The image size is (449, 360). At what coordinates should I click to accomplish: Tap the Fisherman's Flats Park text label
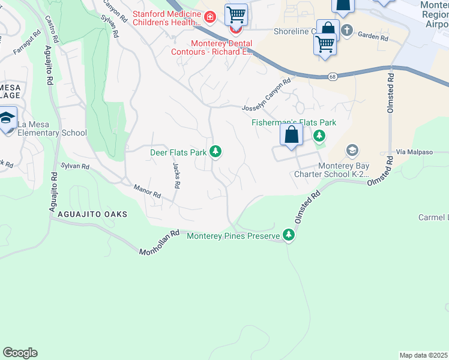[293, 122]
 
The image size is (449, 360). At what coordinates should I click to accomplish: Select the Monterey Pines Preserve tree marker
[289, 236]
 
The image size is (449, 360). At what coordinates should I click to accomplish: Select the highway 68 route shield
[332, 77]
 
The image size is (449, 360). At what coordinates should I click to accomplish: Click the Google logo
[20, 352]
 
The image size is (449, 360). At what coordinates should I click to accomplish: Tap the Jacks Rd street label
[176, 176]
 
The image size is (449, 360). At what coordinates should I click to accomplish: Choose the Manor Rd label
[148, 191]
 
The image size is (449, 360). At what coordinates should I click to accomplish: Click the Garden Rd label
[373, 37]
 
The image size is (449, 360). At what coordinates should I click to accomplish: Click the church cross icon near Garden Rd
[346, 29]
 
